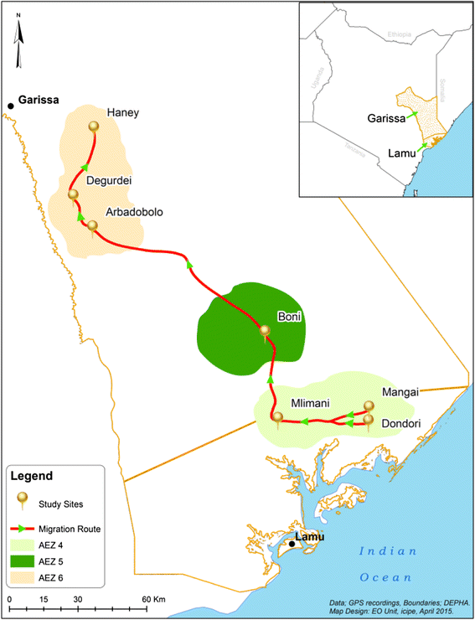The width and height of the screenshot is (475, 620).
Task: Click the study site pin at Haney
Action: [x=93, y=127]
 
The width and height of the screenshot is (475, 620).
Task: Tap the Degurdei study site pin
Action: [x=74, y=195]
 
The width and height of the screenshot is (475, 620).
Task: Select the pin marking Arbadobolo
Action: [x=92, y=225]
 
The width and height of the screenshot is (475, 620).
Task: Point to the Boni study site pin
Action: [x=266, y=331]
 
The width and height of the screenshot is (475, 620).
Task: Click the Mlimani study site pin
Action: [x=277, y=416]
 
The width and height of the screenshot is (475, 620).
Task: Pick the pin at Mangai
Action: [x=368, y=406]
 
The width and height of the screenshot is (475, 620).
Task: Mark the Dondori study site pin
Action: [x=368, y=420]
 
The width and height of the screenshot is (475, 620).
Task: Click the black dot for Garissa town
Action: [x=11, y=106]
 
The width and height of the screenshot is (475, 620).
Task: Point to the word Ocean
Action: [x=386, y=577]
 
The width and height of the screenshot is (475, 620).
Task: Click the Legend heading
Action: [x=32, y=475]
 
